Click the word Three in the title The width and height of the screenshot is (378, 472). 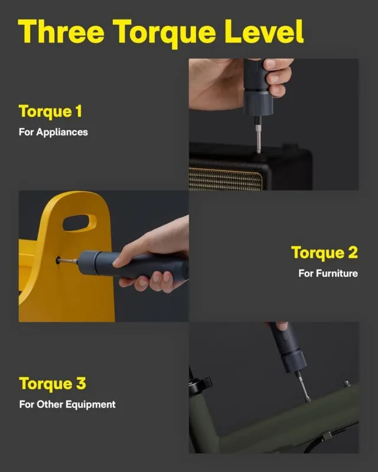pos(61,31)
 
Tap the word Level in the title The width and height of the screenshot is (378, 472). pos(264,31)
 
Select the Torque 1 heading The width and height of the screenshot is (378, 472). pos(50,112)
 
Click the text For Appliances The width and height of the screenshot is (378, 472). pos(53,132)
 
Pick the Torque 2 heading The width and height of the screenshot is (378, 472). pos(325,253)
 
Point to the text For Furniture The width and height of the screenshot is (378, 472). pos(328,273)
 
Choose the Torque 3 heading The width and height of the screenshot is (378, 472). pos(53,383)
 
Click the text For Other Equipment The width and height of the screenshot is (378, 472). pos(67,404)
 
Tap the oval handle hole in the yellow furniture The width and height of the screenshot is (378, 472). pos(80,223)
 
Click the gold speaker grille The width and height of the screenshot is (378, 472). pos(225,179)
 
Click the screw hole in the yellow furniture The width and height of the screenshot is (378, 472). pos(58,260)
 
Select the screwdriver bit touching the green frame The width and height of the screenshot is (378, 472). pos(304,388)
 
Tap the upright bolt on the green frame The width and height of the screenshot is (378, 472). pos(347,384)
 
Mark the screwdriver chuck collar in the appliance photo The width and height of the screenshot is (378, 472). pos(258,103)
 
